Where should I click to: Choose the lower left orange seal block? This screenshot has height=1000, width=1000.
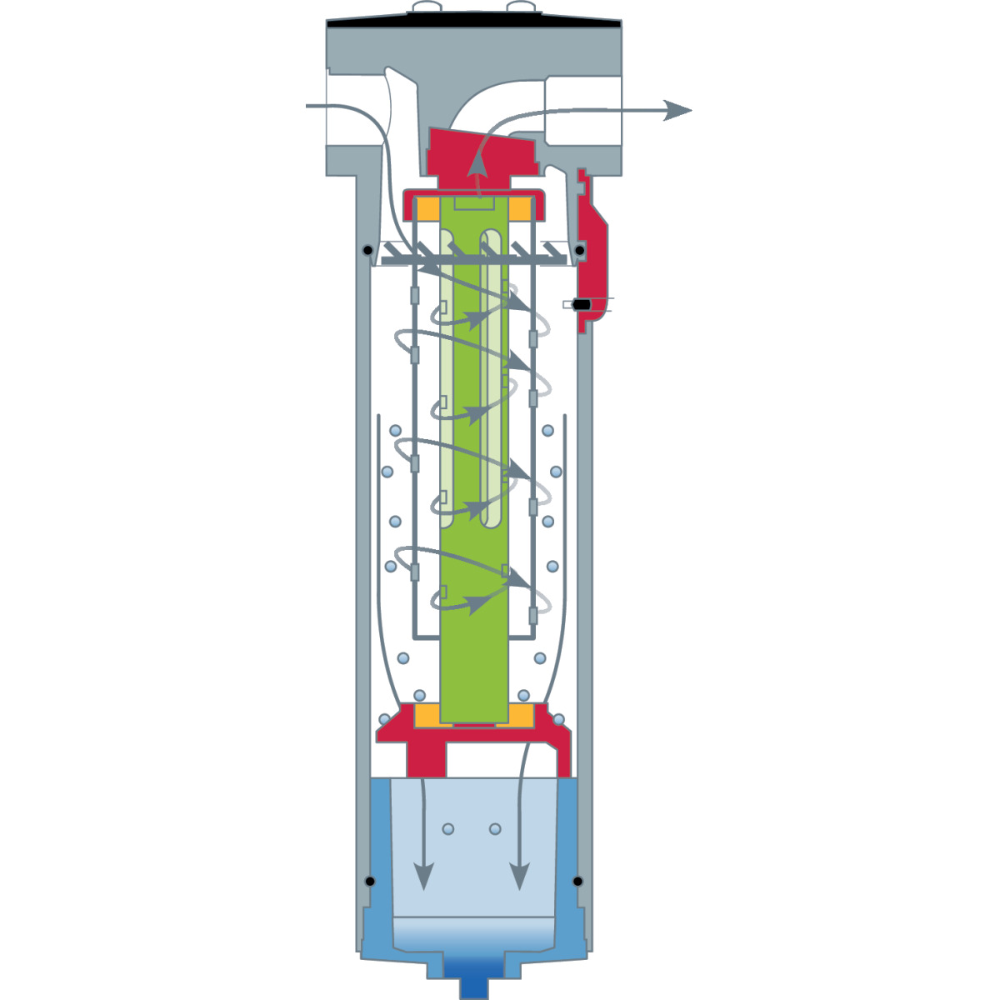point(427,715)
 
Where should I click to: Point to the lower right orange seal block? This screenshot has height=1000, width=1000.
point(521,715)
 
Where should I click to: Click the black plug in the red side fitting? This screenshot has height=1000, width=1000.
point(582,305)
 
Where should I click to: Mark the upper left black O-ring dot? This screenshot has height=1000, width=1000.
point(367,250)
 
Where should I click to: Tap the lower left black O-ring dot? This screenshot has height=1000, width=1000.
point(369,881)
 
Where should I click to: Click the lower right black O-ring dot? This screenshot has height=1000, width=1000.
point(577,881)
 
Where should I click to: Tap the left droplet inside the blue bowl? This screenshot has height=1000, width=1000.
point(448,829)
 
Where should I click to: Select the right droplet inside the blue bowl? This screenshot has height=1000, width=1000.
point(495,829)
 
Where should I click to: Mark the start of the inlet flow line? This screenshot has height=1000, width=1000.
point(308,106)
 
